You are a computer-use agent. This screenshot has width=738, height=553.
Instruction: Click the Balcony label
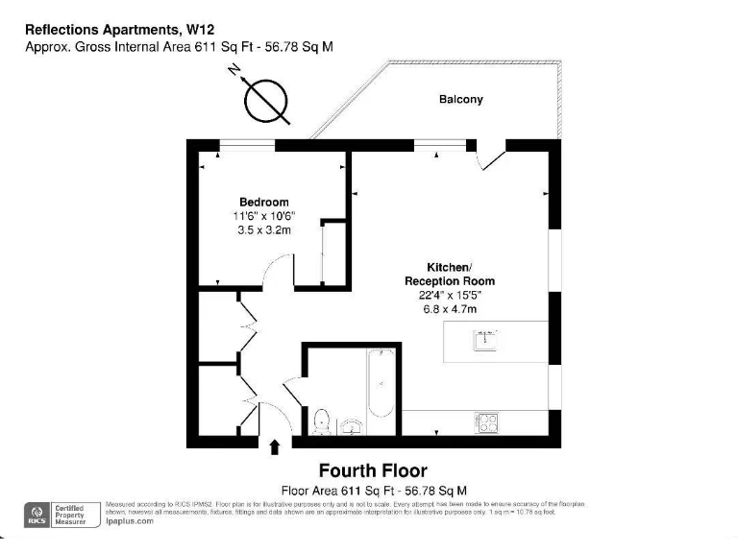[461, 99]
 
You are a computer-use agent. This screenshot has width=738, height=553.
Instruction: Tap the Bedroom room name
[264, 203]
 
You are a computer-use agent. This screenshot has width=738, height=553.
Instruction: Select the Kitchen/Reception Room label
[450, 274]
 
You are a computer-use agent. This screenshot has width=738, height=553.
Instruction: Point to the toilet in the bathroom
[323, 421]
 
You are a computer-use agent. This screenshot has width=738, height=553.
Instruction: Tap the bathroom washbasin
[352, 425]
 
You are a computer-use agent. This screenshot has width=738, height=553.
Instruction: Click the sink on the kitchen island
[485, 339]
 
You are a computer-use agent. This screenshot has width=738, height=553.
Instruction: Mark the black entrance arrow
[277, 446]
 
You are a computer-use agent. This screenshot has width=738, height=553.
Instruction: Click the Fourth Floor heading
[373, 471]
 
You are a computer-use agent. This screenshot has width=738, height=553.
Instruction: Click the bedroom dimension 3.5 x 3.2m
[263, 230]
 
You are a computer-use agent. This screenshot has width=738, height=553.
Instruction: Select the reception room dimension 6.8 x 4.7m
[450, 309]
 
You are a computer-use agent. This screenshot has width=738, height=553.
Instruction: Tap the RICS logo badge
[37, 514]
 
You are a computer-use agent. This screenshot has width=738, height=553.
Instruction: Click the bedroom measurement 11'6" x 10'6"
[263, 217]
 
